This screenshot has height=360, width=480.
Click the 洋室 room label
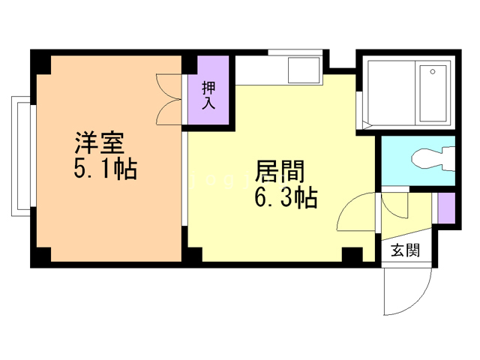click(100, 142)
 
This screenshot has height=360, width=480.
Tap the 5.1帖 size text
click(105, 169)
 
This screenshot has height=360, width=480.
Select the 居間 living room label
click(280, 171)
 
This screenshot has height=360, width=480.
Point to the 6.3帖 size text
click(286, 198)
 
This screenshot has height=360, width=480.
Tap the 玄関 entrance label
click(405, 250)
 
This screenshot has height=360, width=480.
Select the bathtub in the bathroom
click(433, 93)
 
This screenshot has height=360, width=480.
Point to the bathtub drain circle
click(433, 72)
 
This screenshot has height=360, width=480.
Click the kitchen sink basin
click(304, 70)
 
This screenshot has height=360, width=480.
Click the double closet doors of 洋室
click(169, 99)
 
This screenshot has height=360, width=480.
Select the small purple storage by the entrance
click(446, 208)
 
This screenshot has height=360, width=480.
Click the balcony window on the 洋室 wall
click(21, 156)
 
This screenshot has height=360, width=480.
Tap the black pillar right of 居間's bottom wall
click(352, 254)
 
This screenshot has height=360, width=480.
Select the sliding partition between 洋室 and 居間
click(184, 178)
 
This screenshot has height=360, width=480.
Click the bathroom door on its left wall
click(359, 110)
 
